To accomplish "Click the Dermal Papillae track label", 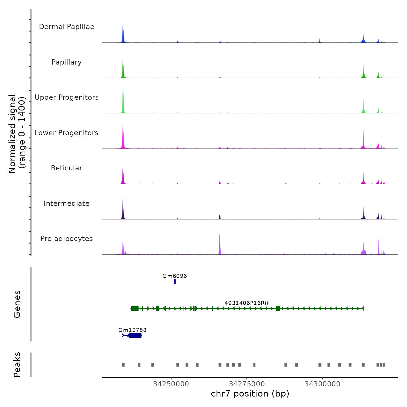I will (x=67, y=27).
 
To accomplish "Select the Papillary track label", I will (x=67, y=62).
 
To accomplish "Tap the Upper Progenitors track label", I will (x=67, y=97).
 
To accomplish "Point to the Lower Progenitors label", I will (x=67, y=133).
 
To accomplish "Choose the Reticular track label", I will (x=67, y=168).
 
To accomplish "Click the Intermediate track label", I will (x=67, y=203).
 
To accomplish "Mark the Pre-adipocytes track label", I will (x=67, y=239).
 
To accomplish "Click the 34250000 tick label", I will (x=171, y=384).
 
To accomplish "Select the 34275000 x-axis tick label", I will (x=247, y=384).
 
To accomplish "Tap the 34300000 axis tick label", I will (x=322, y=384).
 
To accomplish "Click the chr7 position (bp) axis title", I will (x=250, y=394).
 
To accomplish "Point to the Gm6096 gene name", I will (x=175, y=276).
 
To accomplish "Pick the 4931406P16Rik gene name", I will (x=247, y=303).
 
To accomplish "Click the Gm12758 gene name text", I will (x=132, y=330).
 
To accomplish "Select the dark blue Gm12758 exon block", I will (x=135, y=335).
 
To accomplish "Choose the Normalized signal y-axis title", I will (x=17, y=133).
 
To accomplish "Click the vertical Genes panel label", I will (x=17, y=304).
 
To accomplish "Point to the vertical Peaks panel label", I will (x=17, y=365).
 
